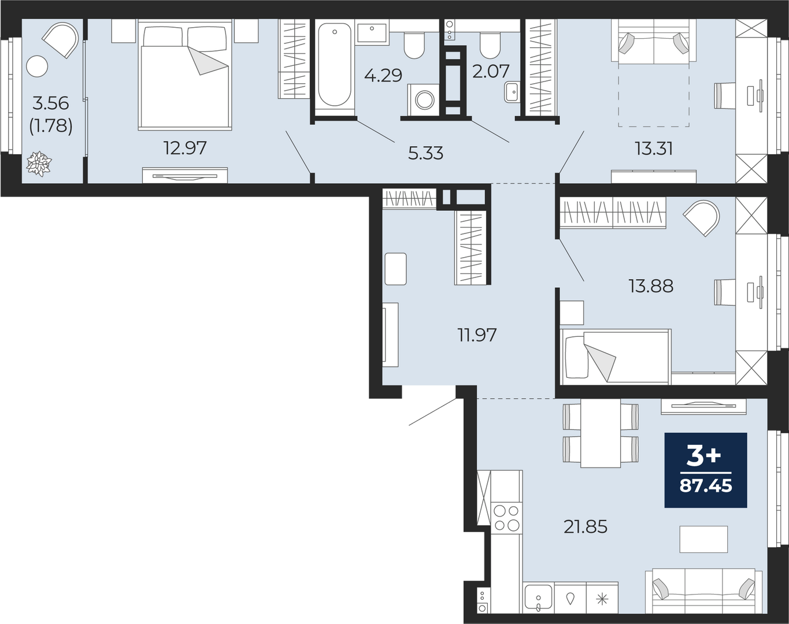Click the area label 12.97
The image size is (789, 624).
point(185,148)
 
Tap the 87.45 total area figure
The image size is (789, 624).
point(706,486)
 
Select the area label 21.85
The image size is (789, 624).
point(586,527)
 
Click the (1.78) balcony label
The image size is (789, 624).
point(51,126)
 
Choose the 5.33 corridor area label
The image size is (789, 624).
point(425,153)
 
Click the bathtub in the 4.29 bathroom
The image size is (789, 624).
point(334,65)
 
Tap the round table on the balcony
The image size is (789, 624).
point(38,66)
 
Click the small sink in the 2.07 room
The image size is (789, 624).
point(511,91)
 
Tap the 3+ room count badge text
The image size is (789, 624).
point(704,458)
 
